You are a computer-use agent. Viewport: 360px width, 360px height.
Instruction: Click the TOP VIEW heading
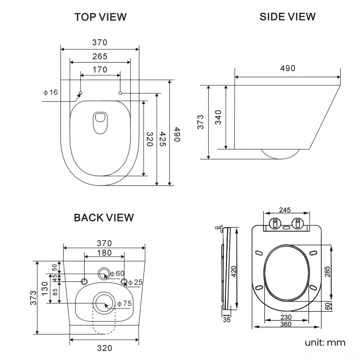[x=100, y=17]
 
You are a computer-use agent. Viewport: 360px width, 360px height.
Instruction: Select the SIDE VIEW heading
[x=287, y=17]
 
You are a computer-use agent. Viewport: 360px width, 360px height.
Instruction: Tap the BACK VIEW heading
[x=104, y=218]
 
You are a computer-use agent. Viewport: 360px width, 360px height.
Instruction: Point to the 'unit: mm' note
[x=325, y=342]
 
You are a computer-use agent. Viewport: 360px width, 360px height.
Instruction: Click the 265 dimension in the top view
[x=100, y=56]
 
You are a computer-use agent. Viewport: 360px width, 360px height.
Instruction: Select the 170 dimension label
[x=100, y=70]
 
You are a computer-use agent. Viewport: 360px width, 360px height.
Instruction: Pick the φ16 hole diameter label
[x=50, y=92]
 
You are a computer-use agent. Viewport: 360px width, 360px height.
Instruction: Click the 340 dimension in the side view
[x=219, y=117]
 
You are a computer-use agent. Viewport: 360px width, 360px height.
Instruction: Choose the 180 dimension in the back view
[x=104, y=253]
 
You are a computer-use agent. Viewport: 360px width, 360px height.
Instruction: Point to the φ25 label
[x=135, y=282]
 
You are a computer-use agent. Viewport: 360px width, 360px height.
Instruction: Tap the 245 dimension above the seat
[x=285, y=210]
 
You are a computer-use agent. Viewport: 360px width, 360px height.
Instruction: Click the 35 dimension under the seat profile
[x=226, y=319]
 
